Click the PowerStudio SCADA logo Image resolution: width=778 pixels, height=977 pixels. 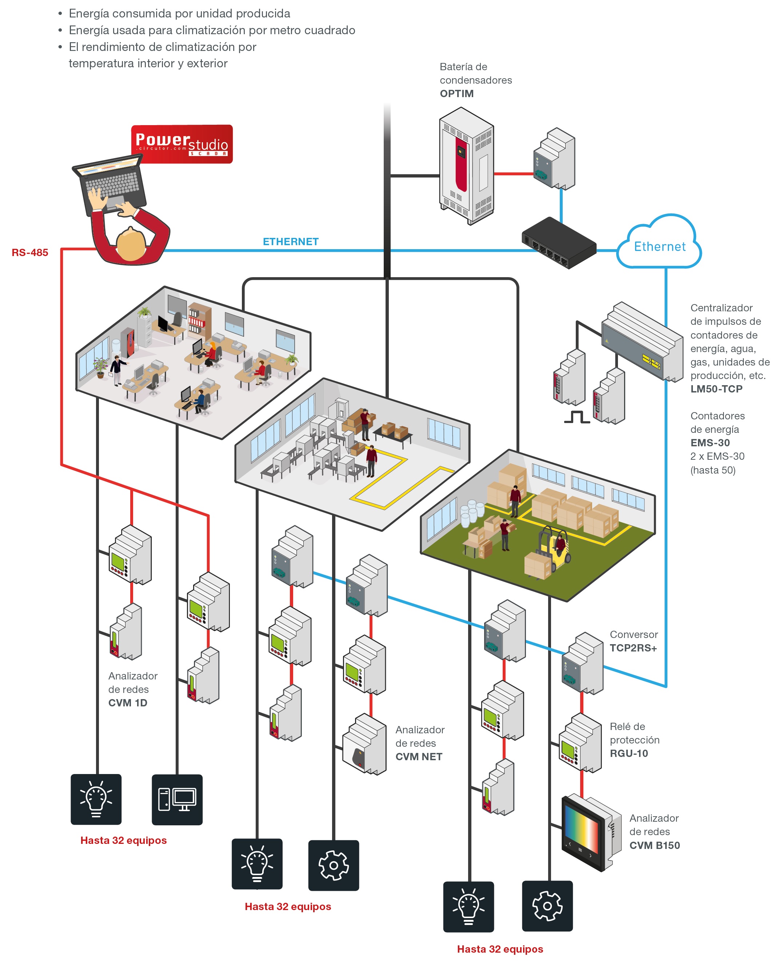(x=182, y=144)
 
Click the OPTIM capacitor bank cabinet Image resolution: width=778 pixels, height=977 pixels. (x=466, y=166)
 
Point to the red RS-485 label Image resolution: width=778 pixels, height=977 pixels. (x=30, y=252)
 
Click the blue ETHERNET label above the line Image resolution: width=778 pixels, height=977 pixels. (x=291, y=242)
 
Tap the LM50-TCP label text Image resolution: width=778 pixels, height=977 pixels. (x=716, y=389)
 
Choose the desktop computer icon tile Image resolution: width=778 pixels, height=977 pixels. (x=177, y=799)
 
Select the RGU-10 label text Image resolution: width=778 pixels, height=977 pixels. (x=629, y=753)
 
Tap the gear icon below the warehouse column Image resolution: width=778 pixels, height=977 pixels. (x=547, y=906)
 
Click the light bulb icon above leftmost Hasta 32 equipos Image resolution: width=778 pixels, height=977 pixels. (x=96, y=799)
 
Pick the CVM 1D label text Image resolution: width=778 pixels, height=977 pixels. (x=127, y=702)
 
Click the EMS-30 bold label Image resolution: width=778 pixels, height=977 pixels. (x=710, y=443)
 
